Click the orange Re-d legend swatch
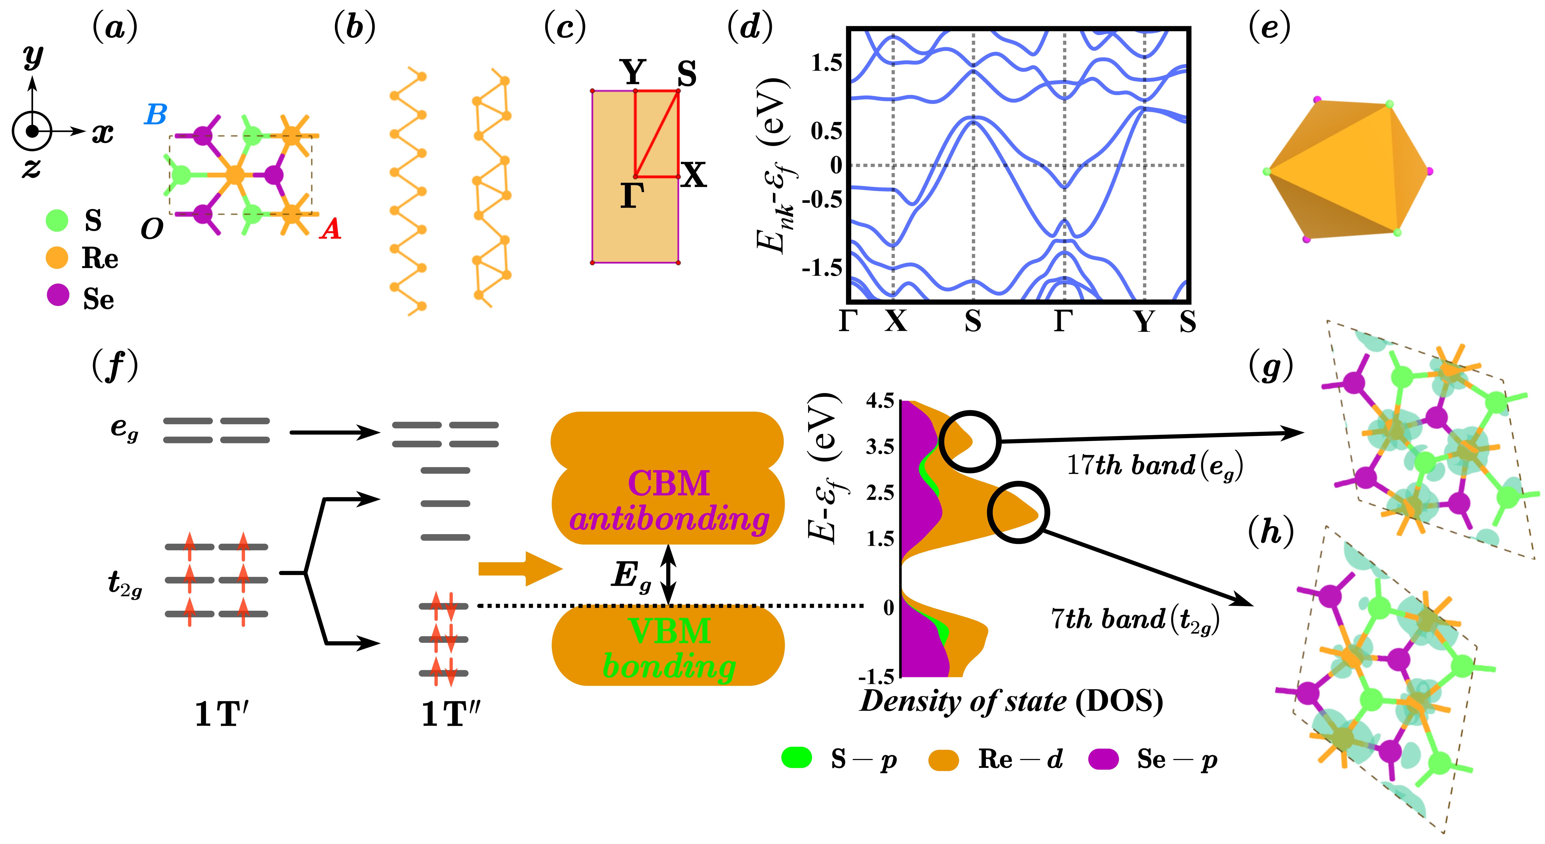(943, 760)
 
